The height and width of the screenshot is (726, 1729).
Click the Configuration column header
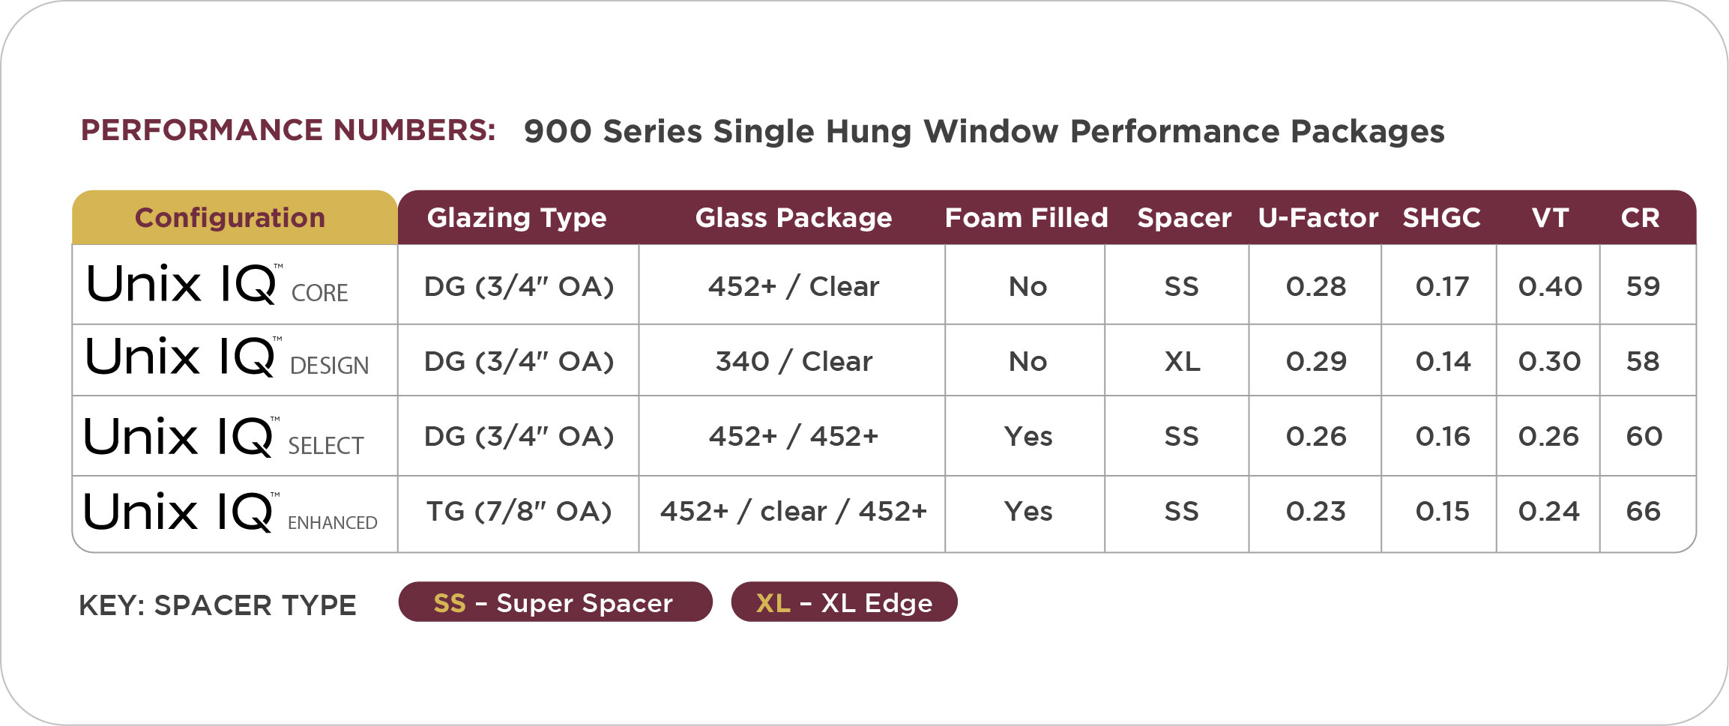click(230, 217)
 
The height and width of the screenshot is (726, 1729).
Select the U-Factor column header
click(1318, 217)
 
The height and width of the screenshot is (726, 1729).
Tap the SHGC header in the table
click(1441, 217)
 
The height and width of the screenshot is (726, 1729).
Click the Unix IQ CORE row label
click(217, 285)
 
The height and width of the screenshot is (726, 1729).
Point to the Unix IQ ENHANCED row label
click(231, 512)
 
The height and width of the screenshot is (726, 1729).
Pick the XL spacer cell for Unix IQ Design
click(1182, 361)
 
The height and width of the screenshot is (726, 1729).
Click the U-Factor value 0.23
click(1316, 511)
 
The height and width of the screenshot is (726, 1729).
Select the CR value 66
click(1643, 511)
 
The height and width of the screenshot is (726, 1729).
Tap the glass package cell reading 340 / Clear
click(794, 361)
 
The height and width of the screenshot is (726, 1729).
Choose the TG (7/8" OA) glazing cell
click(519, 511)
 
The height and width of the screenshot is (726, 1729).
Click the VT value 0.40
click(1550, 286)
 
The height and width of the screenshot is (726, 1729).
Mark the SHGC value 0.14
click(1443, 361)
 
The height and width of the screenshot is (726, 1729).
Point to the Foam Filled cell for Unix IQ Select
click(1028, 436)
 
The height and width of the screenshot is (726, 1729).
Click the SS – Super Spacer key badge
click(555, 602)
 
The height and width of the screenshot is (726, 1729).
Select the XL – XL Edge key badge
click(844, 602)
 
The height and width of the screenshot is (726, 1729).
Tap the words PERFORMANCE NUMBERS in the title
click(288, 130)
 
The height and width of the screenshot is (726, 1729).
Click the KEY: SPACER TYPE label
click(217, 605)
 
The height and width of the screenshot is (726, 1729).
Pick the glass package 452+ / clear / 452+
click(794, 511)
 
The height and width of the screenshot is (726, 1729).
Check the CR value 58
click(1643, 361)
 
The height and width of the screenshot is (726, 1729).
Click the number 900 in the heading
click(558, 131)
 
